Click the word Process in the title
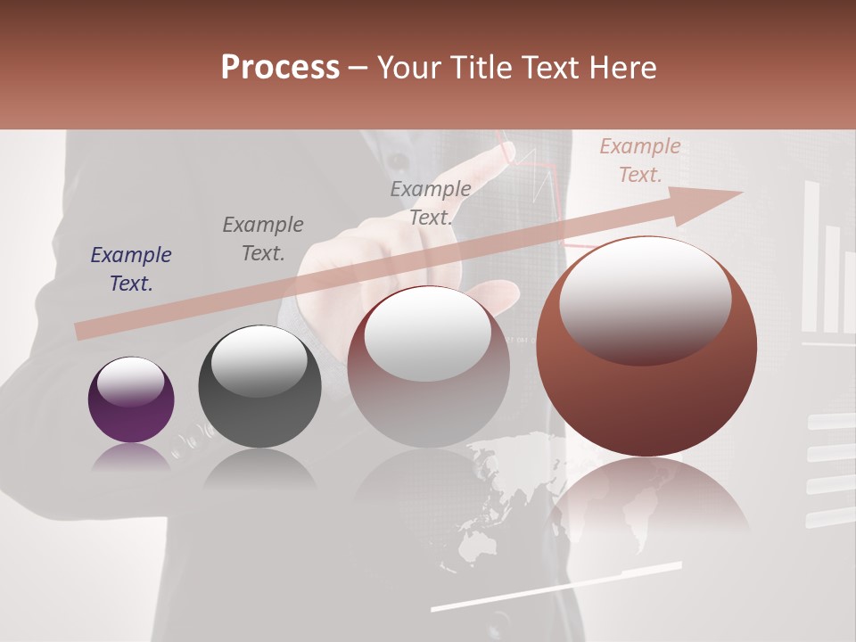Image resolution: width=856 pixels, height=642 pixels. pyautogui.click(x=280, y=68)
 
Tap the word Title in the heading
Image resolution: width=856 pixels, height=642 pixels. pyautogui.click(x=481, y=68)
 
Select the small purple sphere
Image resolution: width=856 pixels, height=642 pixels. pyautogui.click(x=131, y=399)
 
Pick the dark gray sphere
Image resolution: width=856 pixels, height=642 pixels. pyautogui.click(x=259, y=387)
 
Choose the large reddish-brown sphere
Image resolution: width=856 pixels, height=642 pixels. pyautogui.click(x=646, y=346)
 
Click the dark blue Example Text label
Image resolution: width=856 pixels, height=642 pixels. pyautogui.click(x=131, y=269)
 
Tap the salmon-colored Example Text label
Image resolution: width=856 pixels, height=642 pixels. pyautogui.click(x=640, y=160)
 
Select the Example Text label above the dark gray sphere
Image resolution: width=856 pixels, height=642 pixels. pyautogui.click(x=263, y=238)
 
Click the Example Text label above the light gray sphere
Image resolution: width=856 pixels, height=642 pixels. pyautogui.click(x=431, y=202)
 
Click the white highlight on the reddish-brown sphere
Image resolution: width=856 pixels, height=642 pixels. pyautogui.click(x=645, y=299)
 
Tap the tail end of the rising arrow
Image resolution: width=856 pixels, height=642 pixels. pyautogui.click(x=80, y=332)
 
